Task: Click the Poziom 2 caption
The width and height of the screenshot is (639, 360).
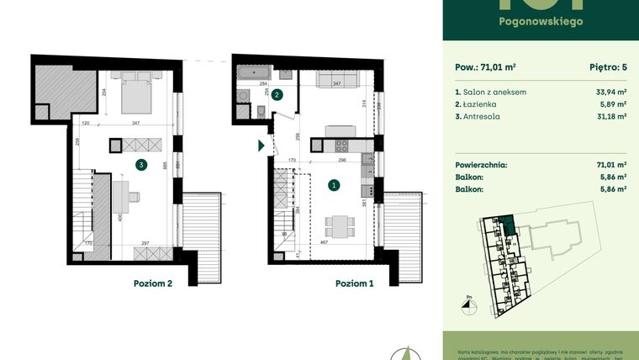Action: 152,283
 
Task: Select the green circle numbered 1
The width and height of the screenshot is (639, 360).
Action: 334,185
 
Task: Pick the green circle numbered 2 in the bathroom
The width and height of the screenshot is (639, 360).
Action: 277,96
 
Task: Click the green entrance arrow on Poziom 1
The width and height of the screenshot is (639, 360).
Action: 261,146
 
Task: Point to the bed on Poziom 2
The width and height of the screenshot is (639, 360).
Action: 135,95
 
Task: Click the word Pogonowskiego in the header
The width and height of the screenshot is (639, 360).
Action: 541,22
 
